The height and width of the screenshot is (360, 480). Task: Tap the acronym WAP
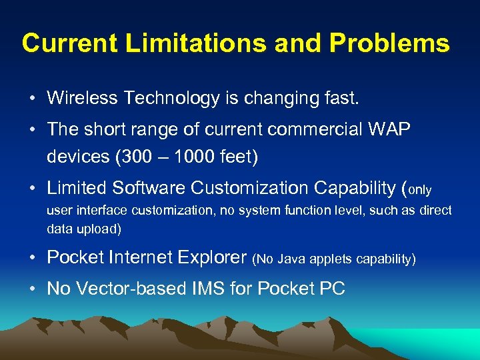tap(391, 130)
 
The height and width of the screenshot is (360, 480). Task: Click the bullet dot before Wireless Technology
tap(33, 99)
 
